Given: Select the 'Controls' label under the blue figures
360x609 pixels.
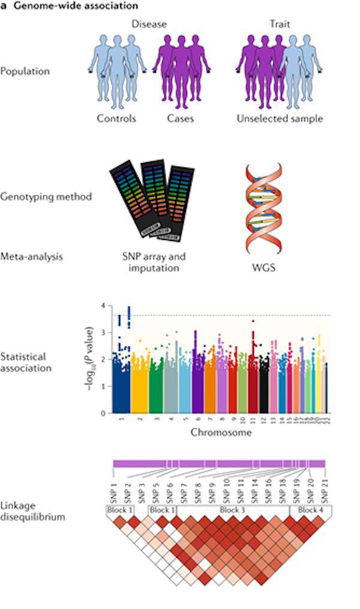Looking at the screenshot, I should point(116,118).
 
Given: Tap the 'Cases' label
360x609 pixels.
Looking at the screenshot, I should point(181,118).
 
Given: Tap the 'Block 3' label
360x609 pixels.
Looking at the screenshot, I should point(231,510).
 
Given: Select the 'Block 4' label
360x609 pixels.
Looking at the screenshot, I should point(310,510).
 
